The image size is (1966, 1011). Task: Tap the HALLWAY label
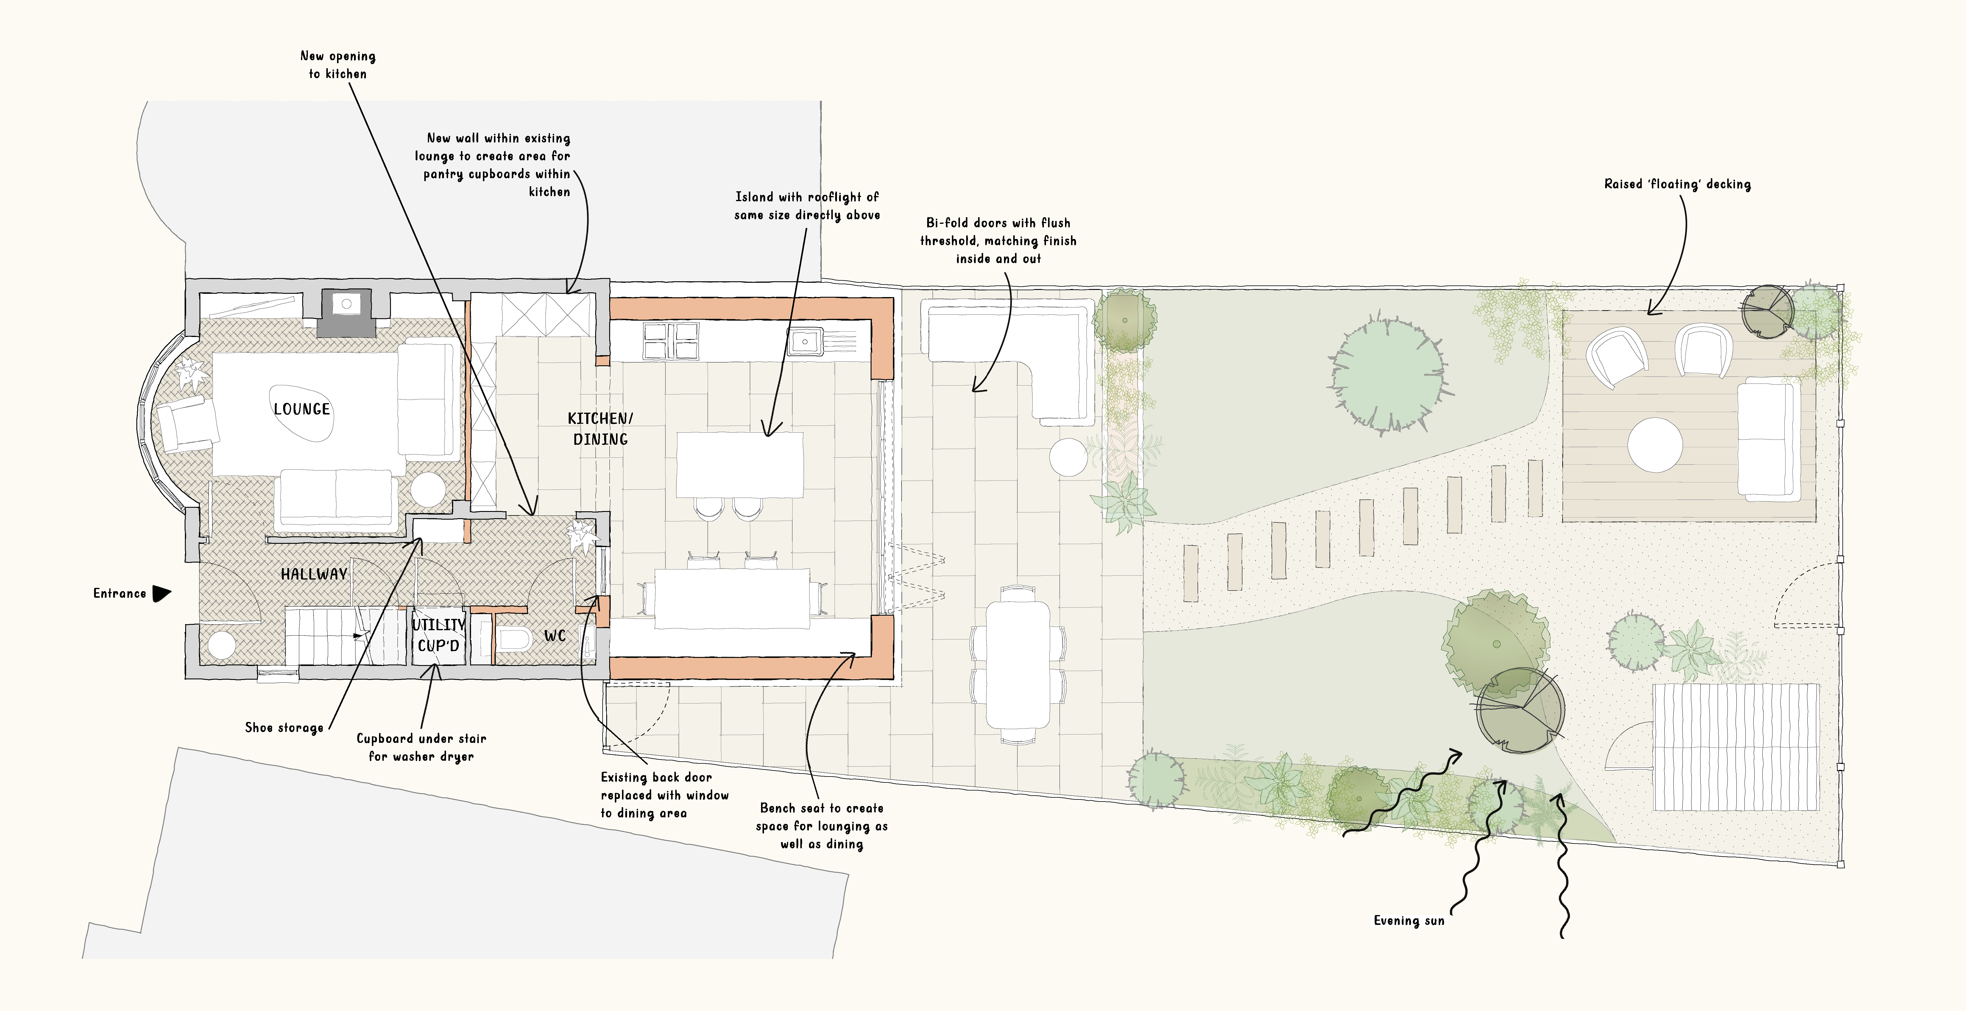[x=314, y=574]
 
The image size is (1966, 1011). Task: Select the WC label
[x=555, y=636]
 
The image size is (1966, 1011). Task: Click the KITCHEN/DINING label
[x=600, y=428]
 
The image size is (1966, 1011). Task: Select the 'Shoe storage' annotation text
[x=284, y=728]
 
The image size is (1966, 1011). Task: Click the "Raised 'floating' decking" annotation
[x=1677, y=184]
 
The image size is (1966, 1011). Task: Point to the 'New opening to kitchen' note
[x=337, y=65]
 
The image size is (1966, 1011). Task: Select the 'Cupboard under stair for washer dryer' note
[x=421, y=748]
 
